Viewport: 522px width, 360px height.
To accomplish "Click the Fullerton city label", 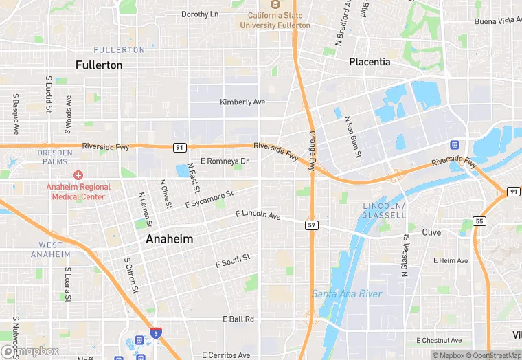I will coord(99,65).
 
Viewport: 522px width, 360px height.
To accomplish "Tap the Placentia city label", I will coord(370,62).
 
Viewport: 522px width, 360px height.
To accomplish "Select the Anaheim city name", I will coord(169,239).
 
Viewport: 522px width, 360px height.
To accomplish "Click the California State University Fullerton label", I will coord(275,21).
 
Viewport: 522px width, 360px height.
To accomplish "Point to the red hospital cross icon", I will coord(78,177).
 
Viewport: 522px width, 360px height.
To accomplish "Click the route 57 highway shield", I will coord(313,225).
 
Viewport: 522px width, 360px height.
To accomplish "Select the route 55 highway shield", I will coord(479,221).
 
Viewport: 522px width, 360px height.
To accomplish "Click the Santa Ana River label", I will coord(347,294).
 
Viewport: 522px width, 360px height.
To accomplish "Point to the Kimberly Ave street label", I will coord(242,102).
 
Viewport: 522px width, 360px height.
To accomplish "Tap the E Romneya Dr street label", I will coord(224,161).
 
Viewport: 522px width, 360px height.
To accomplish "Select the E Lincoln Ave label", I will coord(258,216).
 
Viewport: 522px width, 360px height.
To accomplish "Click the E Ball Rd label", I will coord(238,319).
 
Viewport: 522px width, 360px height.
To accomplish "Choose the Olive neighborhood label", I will coord(431,232).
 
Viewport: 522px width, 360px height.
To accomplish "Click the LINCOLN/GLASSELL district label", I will coord(383,211).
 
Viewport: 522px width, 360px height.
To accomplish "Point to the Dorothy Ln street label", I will coord(200,14).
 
